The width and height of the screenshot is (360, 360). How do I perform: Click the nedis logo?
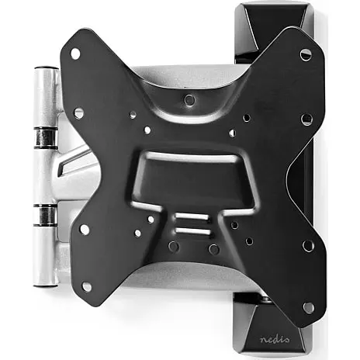[x=275, y=339]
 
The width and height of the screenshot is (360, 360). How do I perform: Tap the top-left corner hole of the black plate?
[x=75, y=54]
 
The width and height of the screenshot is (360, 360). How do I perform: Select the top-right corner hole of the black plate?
[x=306, y=54]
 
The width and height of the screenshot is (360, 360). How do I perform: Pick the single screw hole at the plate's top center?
[x=189, y=99]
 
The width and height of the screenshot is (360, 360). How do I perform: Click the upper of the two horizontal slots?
[x=192, y=216]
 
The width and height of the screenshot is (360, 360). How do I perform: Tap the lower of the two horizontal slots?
[x=193, y=231]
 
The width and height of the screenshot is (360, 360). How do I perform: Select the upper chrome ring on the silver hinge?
[x=45, y=137]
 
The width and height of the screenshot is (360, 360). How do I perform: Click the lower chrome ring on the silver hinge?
[x=45, y=215]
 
